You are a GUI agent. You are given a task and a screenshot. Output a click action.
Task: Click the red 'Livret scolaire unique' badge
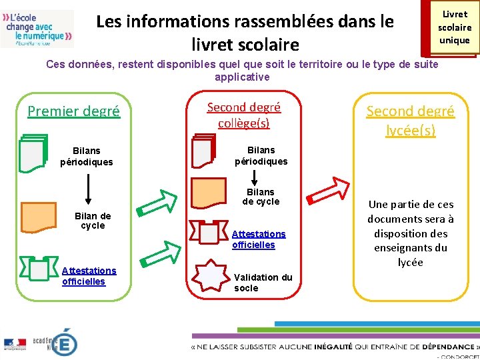click(x=453, y=28)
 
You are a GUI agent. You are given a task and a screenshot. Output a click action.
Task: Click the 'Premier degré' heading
click(x=73, y=111)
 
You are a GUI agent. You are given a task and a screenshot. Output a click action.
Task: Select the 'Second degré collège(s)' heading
click(x=244, y=115)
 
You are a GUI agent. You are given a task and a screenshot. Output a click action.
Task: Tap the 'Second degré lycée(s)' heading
click(x=410, y=120)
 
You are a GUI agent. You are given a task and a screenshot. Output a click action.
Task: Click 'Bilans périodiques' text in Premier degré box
click(x=87, y=157)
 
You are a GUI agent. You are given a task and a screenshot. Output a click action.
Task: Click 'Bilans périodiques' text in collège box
click(x=261, y=155)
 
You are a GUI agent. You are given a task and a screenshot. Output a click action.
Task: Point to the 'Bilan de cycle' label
click(x=93, y=221)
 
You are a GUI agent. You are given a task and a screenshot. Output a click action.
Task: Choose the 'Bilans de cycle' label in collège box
click(x=261, y=197)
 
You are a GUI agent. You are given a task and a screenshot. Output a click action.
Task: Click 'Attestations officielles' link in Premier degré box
click(x=89, y=275)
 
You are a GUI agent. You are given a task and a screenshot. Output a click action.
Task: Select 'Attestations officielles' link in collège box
click(x=259, y=239)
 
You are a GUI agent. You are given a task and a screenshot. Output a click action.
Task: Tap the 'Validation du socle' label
click(x=263, y=283)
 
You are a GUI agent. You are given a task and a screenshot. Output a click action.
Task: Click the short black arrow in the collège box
click(x=254, y=176)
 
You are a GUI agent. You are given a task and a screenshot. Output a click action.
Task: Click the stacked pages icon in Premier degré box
click(x=34, y=153)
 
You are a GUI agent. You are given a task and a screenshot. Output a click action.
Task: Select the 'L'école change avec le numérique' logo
click(x=37, y=28)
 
